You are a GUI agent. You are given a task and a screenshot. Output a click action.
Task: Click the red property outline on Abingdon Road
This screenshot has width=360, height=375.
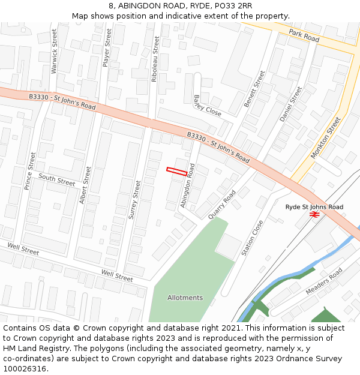pyautogui.click(x=176, y=172)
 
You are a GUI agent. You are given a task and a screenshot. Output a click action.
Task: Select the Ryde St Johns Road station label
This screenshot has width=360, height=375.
pyautogui.click(x=314, y=207)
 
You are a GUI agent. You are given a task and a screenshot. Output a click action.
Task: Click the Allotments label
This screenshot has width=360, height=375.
pyautogui.click(x=185, y=298)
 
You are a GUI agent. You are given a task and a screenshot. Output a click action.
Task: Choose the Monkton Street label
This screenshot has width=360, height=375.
pyautogui.click(x=325, y=138)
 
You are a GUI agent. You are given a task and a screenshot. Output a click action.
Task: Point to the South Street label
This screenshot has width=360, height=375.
pyautogui.click(x=57, y=179)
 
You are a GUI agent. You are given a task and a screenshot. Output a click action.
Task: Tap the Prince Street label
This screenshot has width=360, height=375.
pyautogui.click(x=30, y=171)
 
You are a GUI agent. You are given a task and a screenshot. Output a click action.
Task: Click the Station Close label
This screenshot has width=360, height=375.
pyautogui.click(x=252, y=238)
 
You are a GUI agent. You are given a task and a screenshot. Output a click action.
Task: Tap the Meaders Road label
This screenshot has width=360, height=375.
pyautogui.click(x=323, y=281)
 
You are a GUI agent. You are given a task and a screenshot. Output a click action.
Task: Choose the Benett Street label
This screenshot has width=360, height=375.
pyautogui.click(x=254, y=89)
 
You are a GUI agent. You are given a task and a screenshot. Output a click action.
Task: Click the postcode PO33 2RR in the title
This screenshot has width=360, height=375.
pyautogui.click(x=231, y=6)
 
